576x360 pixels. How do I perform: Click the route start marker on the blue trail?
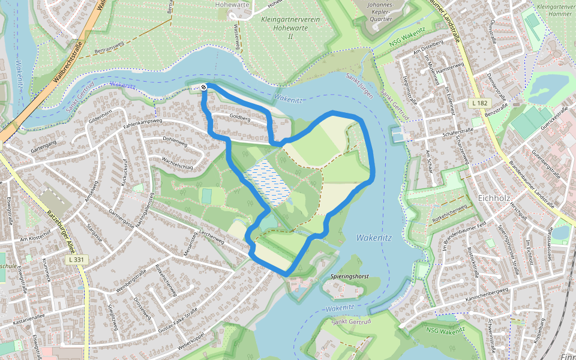pyautogui.click(x=204, y=88)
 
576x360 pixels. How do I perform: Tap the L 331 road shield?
pyautogui.click(x=75, y=260)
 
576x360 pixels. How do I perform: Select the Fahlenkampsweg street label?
pyautogui.click(x=143, y=123)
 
